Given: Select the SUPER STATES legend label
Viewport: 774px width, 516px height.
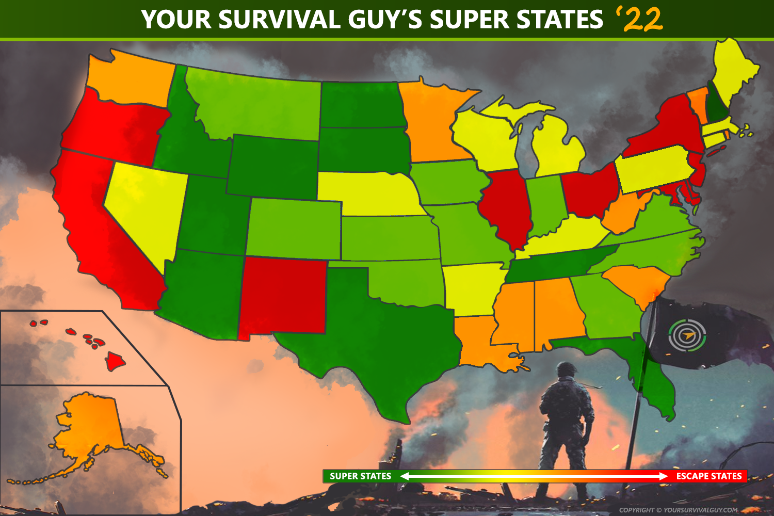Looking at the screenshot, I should click(x=360, y=476).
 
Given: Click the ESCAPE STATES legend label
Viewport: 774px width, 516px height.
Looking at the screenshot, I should click(x=708, y=476).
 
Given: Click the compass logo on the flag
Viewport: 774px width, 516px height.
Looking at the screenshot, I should click(x=687, y=335).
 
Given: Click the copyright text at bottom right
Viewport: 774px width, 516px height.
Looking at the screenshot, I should click(x=678, y=510).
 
